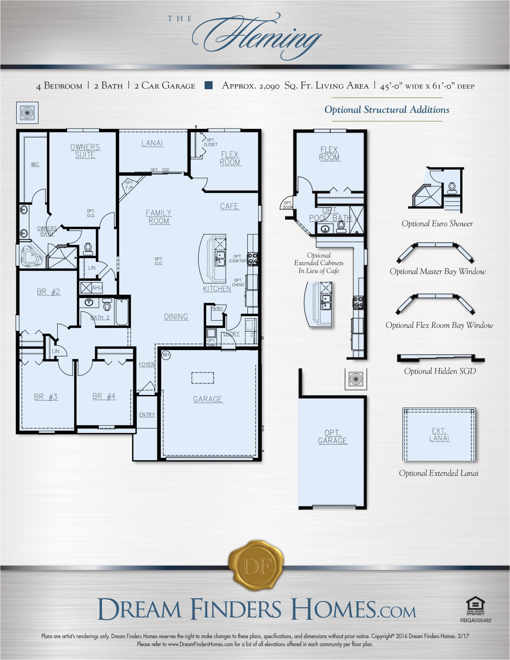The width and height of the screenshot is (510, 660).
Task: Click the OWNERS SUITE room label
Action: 85,151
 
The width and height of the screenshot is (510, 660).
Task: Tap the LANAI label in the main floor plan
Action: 152,143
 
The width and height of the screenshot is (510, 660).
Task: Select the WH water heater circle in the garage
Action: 166,355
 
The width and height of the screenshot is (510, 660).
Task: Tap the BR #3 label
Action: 46,397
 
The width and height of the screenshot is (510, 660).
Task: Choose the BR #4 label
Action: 104,396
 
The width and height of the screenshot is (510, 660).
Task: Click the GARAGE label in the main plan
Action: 208,399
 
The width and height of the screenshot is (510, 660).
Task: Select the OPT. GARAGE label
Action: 332,437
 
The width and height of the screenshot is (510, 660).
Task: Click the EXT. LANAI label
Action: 439,434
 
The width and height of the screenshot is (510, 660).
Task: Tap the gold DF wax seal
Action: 256,567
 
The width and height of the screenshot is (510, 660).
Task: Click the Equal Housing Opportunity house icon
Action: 475,605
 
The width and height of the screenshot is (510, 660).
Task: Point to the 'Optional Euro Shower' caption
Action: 437,223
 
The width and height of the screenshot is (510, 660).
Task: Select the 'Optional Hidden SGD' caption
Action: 440,371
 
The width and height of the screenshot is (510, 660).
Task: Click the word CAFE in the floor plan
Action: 229,206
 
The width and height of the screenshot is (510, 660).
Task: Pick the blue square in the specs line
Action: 208,85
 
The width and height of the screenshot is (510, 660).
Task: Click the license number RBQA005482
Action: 476,620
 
